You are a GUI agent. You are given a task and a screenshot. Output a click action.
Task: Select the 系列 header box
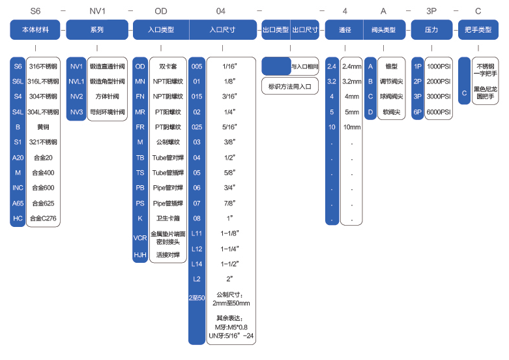[96, 29]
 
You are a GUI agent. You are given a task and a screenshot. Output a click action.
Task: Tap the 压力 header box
[431, 29]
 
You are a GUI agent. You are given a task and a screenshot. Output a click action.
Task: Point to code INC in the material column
[18, 187]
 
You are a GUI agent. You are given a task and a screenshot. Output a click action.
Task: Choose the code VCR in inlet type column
[140, 238]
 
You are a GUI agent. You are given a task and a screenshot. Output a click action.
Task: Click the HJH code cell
[140, 255]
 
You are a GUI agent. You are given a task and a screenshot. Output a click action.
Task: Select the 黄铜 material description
[43, 127]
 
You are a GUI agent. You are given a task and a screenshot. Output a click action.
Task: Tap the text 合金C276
[43, 218]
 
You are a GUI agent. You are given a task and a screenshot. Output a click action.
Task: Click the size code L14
[197, 263]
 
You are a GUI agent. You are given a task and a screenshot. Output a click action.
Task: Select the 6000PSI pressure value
[438, 112]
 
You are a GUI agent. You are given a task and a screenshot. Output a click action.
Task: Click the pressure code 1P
[418, 67]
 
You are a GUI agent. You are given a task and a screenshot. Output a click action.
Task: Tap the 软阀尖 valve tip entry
[391, 112]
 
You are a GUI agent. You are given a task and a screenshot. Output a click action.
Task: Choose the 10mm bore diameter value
[351, 127]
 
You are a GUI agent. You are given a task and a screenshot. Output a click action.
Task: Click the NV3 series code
[76, 112]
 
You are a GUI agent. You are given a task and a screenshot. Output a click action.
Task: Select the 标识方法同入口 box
[290, 85]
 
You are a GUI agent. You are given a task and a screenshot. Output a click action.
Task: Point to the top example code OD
[161, 11]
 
